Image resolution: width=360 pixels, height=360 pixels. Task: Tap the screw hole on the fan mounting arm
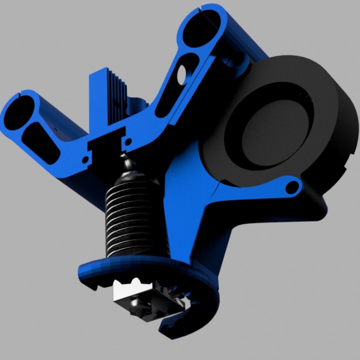point(293,188)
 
